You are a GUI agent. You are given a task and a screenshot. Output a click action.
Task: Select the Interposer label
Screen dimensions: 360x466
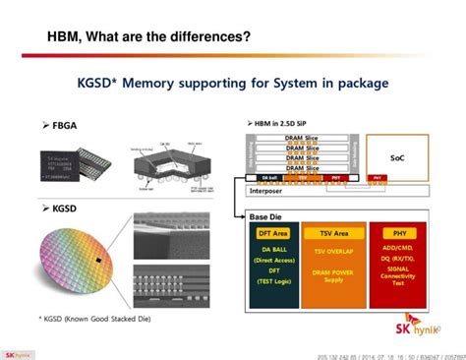(x=271, y=191)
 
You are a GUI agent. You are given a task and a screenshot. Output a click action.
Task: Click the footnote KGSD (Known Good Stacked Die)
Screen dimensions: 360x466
(x=87, y=318)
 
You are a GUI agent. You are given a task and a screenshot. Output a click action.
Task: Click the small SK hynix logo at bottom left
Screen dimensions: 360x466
(x=16, y=353)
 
